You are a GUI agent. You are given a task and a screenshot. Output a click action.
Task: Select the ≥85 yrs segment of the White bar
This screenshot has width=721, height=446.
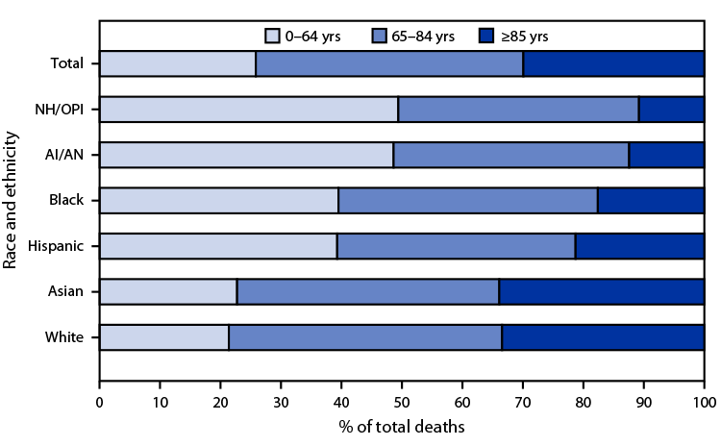[603, 336]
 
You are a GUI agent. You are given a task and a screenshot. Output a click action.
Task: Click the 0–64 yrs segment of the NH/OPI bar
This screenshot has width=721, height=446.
[249, 110]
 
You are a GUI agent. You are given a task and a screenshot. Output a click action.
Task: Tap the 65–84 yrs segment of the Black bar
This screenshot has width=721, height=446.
[468, 200]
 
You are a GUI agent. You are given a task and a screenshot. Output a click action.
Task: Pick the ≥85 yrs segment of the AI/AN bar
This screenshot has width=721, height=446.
[666, 155]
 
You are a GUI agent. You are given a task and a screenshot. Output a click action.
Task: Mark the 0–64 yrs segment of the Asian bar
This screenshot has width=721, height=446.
[168, 291]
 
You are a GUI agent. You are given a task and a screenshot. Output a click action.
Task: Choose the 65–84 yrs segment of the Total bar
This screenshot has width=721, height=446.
[389, 64]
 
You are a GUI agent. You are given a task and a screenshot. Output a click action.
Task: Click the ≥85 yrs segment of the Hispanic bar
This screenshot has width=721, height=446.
[639, 246]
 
